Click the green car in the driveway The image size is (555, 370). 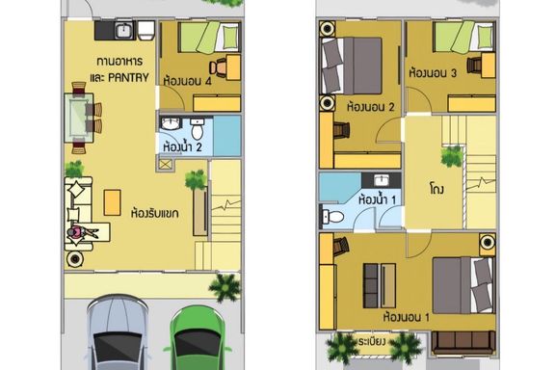pyautogui.click(x=198, y=338)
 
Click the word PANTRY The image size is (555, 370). pyautogui.click(x=128, y=78)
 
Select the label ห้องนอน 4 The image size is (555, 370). pyautogui.click(x=187, y=81)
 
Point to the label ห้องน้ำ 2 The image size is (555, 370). pyautogui.click(x=182, y=146)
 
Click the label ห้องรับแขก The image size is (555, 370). pyautogui.click(x=155, y=213)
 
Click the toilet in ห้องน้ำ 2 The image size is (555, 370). pyautogui.click(x=198, y=128)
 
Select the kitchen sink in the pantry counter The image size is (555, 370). pyautogui.click(x=123, y=30)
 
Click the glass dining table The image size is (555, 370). pyautogui.click(x=79, y=118)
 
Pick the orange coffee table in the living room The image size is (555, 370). pyautogui.click(x=112, y=202)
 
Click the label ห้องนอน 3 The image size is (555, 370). pyautogui.click(x=433, y=73)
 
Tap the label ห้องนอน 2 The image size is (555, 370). pyautogui.click(x=371, y=107)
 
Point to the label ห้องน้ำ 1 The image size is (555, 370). pyautogui.click(x=377, y=199)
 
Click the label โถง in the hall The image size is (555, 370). pyautogui.click(x=436, y=189)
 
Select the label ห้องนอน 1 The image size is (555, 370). pyautogui.click(x=407, y=317)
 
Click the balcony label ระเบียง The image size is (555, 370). pyautogui.click(x=372, y=342)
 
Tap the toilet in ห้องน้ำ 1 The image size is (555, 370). pyautogui.click(x=332, y=217)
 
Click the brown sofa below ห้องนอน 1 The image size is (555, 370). pyautogui.click(x=463, y=342)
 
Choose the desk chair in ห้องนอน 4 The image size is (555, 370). pyautogui.click(x=218, y=67)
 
